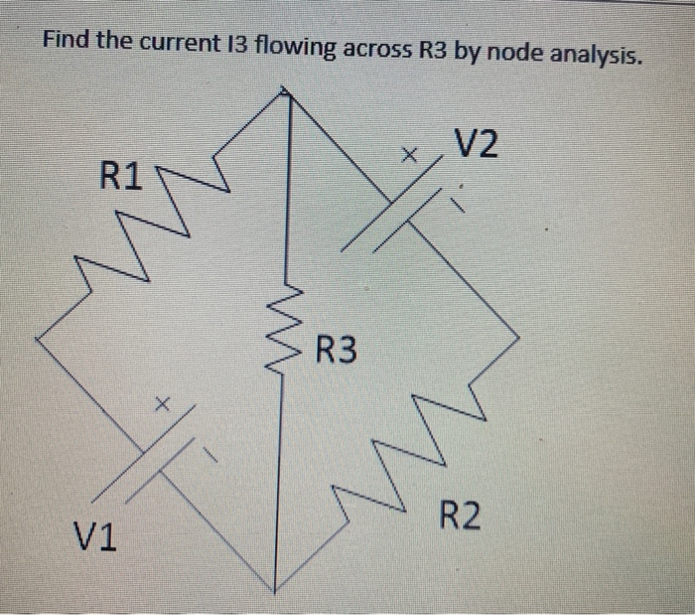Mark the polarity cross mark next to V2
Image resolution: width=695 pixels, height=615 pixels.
(407, 156)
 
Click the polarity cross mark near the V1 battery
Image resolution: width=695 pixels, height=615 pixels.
(165, 404)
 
